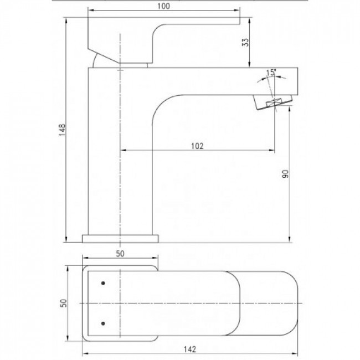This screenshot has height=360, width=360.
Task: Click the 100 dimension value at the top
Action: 163,6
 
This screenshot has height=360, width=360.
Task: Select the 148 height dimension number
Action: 62,130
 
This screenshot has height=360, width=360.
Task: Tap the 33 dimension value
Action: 245,42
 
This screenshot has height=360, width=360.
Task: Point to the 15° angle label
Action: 271,73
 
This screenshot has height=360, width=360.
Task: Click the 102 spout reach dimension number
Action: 197,146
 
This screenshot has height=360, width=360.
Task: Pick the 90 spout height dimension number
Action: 285,174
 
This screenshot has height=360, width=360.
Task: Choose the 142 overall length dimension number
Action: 190,349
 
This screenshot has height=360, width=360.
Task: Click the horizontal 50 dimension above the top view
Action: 120,254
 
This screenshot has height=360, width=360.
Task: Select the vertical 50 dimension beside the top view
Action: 63,303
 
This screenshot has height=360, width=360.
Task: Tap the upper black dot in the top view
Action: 103,283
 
